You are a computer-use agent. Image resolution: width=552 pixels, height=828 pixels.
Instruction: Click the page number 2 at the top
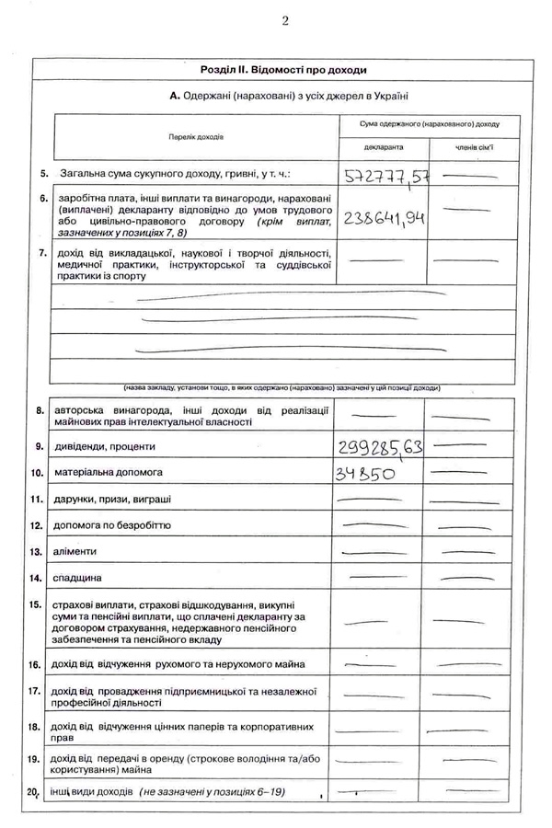point(284,21)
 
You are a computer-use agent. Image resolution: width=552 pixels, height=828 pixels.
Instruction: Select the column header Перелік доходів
point(195,136)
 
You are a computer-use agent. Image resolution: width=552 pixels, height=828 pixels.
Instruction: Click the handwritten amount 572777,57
point(386,175)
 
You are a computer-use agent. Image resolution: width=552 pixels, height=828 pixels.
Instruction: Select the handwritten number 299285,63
point(380,448)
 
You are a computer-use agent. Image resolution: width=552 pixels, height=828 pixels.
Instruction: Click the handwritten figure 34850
point(366,475)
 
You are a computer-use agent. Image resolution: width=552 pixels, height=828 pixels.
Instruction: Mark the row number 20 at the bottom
point(37,791)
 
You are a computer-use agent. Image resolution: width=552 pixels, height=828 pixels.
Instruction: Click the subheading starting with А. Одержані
point(289,96)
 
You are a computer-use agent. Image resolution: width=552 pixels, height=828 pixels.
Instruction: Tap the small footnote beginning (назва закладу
point(282,388)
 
